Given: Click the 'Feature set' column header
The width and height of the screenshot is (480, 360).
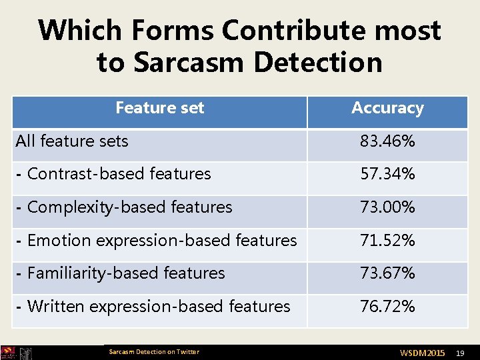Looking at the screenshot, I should point(159,108).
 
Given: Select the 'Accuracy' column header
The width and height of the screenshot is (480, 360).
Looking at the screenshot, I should point(387,108).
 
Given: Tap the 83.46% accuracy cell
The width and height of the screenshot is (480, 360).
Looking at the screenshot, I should point(387,141).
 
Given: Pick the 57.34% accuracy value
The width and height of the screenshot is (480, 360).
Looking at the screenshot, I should point(387,174).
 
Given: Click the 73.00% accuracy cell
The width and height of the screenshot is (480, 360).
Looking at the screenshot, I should point(387,207).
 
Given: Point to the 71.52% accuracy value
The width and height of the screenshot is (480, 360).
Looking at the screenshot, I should point(387,240).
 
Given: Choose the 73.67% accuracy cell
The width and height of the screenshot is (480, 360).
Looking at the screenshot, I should point(387,273).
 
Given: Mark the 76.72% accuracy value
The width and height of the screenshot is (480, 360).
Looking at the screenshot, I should point(387,307).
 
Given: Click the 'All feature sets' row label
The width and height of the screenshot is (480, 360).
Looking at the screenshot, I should point(72,141).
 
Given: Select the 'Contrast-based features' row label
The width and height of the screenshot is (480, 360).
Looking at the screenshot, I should point(113,174).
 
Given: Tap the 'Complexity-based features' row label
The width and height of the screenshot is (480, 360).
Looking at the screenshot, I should point(124,207).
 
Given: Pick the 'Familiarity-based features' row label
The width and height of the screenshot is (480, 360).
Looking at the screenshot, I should point(120,273).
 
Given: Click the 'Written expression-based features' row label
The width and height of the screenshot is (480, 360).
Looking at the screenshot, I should point(153,307).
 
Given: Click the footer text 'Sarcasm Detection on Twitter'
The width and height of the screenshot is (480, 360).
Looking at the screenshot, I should point(153,352).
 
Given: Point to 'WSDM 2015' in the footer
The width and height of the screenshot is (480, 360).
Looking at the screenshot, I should point(422,352).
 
